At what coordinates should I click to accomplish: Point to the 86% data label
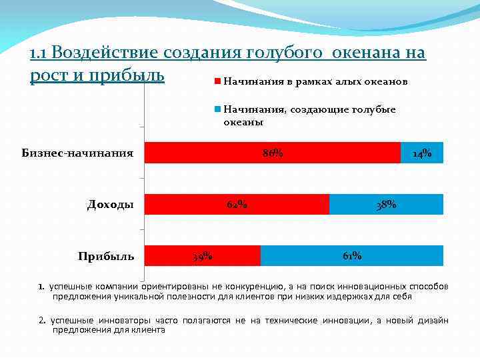273,153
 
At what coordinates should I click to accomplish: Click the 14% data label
422,154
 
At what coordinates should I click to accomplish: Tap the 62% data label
237,204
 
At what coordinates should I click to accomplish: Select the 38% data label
386,205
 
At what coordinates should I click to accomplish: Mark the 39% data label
202,256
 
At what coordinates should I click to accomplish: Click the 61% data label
352,255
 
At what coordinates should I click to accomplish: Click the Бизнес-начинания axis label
77,153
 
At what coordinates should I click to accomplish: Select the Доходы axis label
110,204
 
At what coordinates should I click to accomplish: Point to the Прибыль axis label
106,256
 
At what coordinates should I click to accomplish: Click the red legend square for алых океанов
217,81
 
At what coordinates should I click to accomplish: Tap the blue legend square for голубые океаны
217,109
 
